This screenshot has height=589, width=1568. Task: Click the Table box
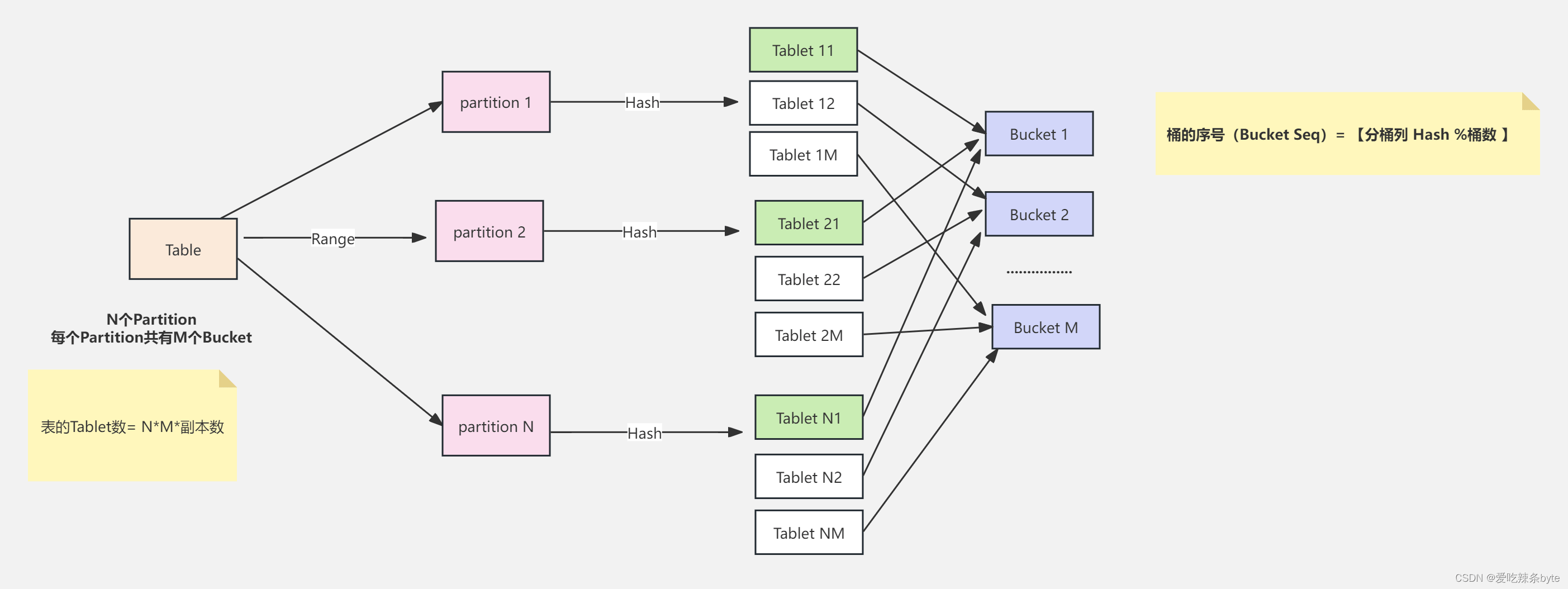tap(183, 249)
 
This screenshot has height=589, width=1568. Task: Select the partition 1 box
tap(496, 102)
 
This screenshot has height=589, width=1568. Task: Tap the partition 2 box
tap(490, 231)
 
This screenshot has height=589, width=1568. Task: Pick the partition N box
tap(496, 425)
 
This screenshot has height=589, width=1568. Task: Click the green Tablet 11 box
tap(804, 50)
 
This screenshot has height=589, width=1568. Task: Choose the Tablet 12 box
tap(804, 103)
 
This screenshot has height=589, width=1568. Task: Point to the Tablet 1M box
tap(804, 154)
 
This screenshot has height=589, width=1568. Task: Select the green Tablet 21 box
tap(809, 223)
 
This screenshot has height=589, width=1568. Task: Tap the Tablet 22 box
tap(809, 279)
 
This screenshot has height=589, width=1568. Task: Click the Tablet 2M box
tap(809, 335)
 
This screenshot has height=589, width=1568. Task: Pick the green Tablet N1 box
tap(809, 417)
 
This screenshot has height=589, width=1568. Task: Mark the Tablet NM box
tap(809, 533)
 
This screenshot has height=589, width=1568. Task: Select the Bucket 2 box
tap(1039, 214)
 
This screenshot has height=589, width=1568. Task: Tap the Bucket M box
tap(1046, 327)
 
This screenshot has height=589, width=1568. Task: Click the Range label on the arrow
tap(333, 239)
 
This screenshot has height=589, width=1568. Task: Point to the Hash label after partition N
tap(645, 433)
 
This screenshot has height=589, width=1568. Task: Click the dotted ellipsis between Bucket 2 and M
tap(1039, 272)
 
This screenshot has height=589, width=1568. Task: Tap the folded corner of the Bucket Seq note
tap(1530, 101)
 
